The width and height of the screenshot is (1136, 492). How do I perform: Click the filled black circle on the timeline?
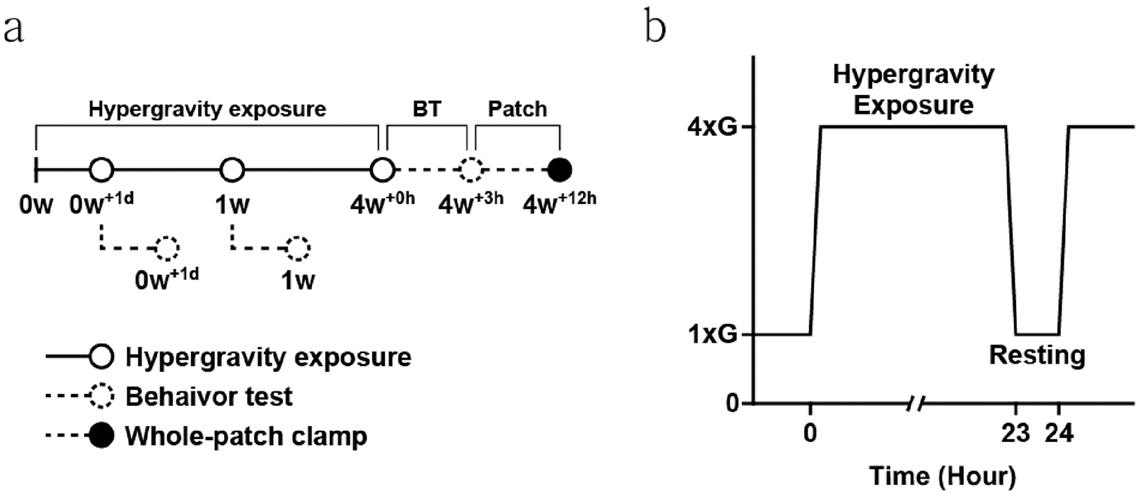click(559, 169)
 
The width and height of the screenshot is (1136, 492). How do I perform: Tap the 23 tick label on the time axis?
click(1017, 434)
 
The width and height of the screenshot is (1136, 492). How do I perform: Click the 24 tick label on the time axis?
click(1059, 434)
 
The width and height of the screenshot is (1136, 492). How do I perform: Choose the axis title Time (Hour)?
click(942, 476)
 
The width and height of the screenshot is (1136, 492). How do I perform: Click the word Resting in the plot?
click(1037, 355)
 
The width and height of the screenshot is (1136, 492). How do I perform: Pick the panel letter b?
click(656, 28)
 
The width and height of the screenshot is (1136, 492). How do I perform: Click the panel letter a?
click(14, 30)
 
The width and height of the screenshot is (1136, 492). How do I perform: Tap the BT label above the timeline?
click(426, 109)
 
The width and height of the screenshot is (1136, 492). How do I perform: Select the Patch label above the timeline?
click(517, 109)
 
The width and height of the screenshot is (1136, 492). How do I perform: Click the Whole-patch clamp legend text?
click(246, 436)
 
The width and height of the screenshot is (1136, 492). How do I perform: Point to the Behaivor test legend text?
click(208, 397)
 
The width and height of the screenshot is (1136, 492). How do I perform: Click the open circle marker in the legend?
click(102, 357)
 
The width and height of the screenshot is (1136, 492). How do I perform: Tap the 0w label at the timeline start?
click(35, 205)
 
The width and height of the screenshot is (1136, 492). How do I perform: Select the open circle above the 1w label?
click(232, 169)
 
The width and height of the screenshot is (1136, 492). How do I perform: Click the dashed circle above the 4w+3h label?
click(471, 169)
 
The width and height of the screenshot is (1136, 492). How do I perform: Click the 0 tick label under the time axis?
click(810, 434)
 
